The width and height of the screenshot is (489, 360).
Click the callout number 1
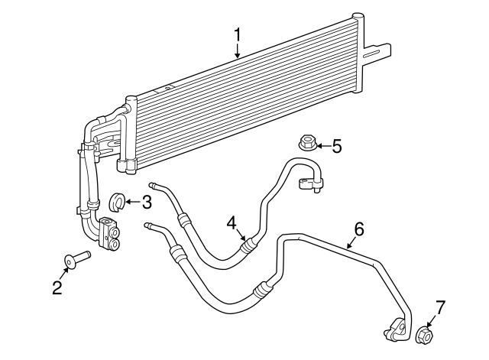click(x=238, y=34)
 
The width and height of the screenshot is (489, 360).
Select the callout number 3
click(x=147, y=202)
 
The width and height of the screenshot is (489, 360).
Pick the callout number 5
click(x=336, y=145)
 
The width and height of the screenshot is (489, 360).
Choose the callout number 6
click(x=359, y=229)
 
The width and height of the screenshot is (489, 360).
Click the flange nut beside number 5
click(x=305, y=142)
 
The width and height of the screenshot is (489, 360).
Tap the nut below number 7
click(x=425, y=334)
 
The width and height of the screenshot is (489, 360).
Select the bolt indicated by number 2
click(x=76, y=258)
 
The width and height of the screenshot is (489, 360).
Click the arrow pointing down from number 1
click(x=238, y=51)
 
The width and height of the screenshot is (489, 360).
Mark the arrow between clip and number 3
click(x=132, y=202)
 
